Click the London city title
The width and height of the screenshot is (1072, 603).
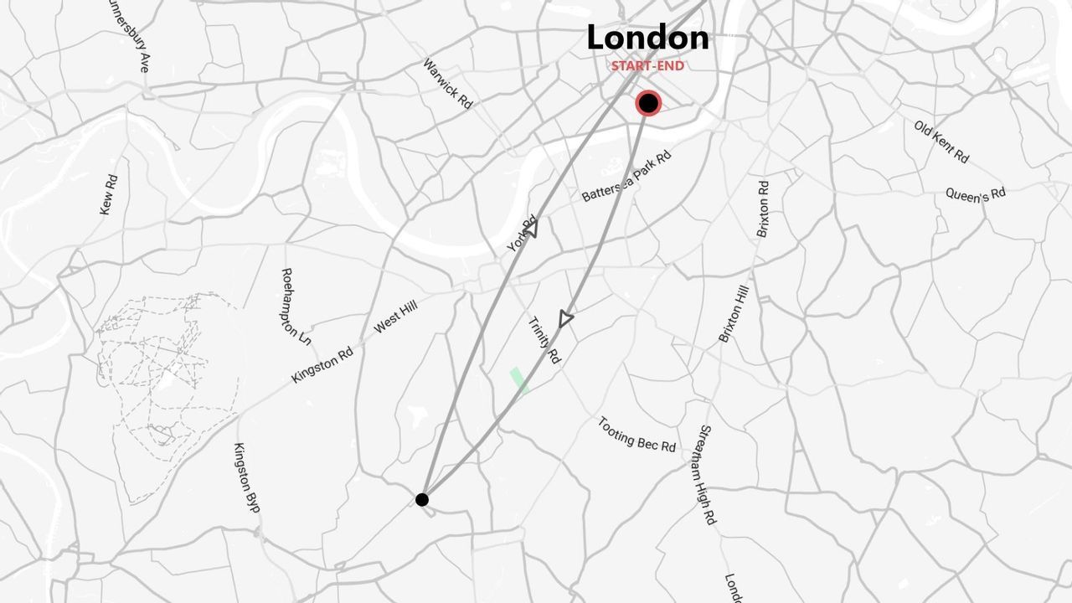(647, 38)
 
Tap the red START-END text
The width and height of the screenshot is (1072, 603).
(647, 65)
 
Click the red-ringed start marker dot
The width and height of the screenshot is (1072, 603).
(648, 104)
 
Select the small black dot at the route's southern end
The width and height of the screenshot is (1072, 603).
(422, 500)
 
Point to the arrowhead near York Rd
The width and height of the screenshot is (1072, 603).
(531, 228)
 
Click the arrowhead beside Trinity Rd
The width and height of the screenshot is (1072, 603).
(566, 319)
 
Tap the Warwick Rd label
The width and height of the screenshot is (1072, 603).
(447, 83)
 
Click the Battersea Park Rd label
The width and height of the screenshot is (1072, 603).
(626, 177)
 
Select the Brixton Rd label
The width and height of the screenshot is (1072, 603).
(762, 209)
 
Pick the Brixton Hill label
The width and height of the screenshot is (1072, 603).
(734, 313)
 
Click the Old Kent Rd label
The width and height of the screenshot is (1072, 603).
(941, 142)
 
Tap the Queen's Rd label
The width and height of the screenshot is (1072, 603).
(976, 194)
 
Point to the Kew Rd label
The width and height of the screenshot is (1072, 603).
(108, 194)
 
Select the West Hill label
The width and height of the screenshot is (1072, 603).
(394, 318)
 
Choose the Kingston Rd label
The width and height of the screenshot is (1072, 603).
(322, 364)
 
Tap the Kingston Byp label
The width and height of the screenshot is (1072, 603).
(246, 477)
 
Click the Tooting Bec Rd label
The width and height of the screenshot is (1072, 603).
(636, 434)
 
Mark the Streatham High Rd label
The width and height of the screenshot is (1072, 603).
(708, 474)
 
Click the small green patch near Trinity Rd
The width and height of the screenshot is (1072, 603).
(519, 380)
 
